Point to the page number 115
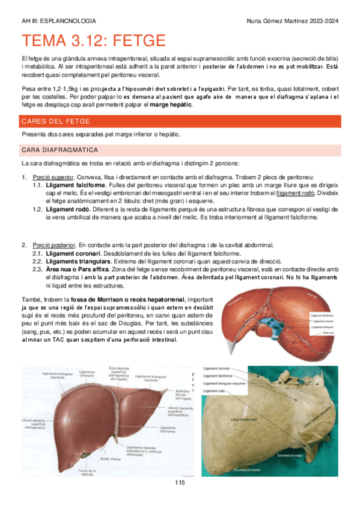[180, 483]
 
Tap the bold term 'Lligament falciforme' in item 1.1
[73, 186]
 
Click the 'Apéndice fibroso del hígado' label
[182, 393]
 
